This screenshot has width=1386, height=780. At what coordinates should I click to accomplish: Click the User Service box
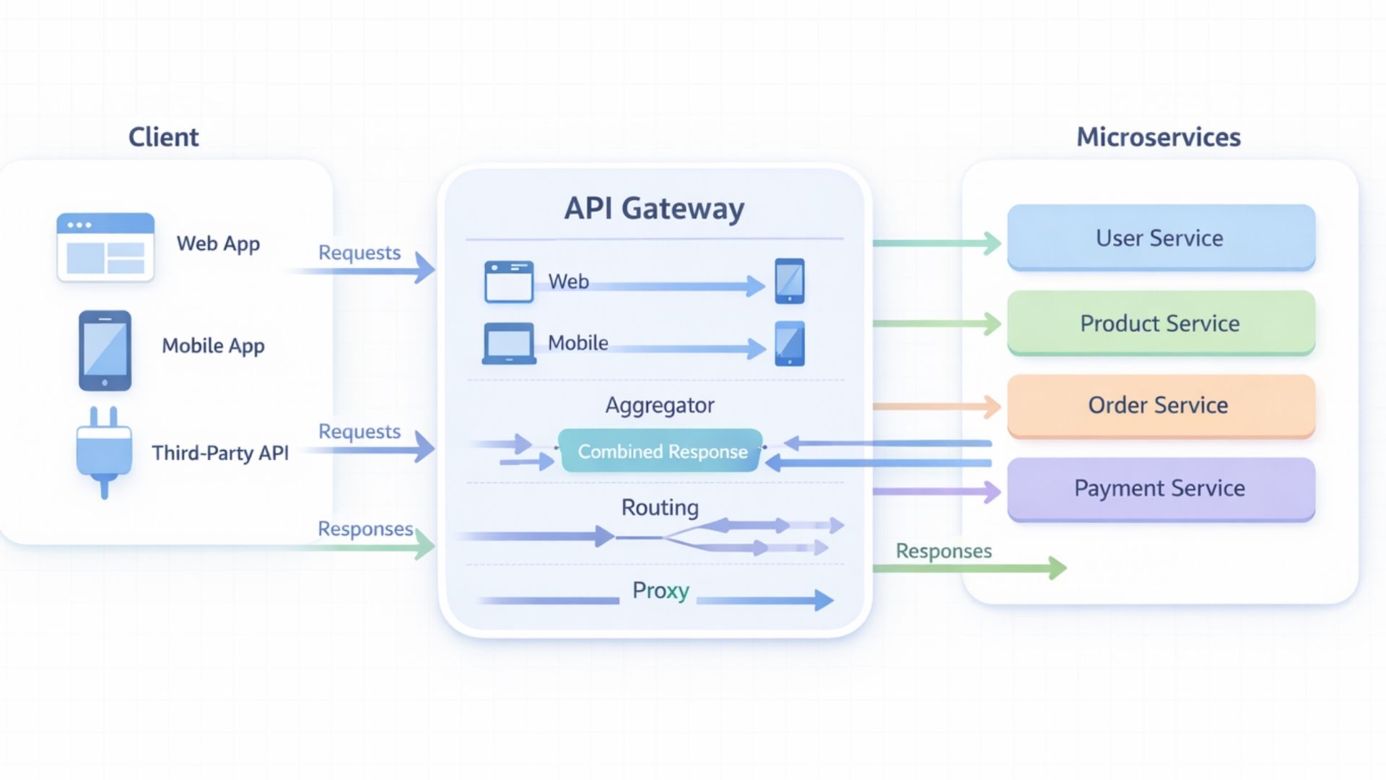click(x=1160, y=238)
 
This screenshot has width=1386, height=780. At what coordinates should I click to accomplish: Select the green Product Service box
click(x=1160, y=323)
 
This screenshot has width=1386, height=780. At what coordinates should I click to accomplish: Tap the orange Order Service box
click(x=1160, y=405)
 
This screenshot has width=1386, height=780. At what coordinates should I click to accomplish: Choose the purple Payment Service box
click(x=1160, y=488)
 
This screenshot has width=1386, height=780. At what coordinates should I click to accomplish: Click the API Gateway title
click(x=654, y=209)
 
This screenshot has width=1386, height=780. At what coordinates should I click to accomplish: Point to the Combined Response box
click(x=661, y=451)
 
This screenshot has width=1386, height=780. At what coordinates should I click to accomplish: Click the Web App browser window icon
click(x=105, y=246)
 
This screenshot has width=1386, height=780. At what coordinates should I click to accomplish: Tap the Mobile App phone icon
click(x=105, y=350)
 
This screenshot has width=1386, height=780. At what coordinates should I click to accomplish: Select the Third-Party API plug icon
click(x=104, y=451)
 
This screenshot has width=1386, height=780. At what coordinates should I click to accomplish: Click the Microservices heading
click(x=1158, y=137)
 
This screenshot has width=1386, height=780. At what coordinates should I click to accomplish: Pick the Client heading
click(x=163, y=137)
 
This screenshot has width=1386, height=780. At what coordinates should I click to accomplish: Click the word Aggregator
click(x=659, y=405)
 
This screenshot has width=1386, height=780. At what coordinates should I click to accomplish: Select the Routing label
click(x=659, y=507)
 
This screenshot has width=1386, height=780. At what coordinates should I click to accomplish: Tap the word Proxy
click(x=660, y=591)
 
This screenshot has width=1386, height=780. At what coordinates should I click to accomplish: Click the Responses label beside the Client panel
click(x=365, y=529)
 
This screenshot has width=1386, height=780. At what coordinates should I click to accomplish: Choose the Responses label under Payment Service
click(x=943, y=551)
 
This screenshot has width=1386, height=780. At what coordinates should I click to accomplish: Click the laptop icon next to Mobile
click(x=509, y=343)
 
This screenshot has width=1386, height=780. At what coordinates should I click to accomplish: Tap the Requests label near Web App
click(x=359, y=253)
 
